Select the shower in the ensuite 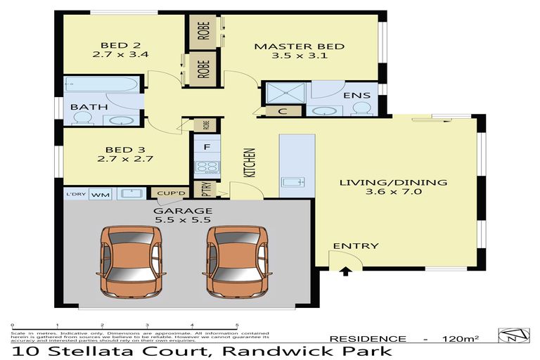pyautogui.click(x=285, y=91)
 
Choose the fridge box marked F pyautogui.click(x=207, y=148)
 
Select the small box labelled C pyautogui.click(x=281, y=110)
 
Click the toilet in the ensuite pyautogui.click(x=361, y=108)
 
